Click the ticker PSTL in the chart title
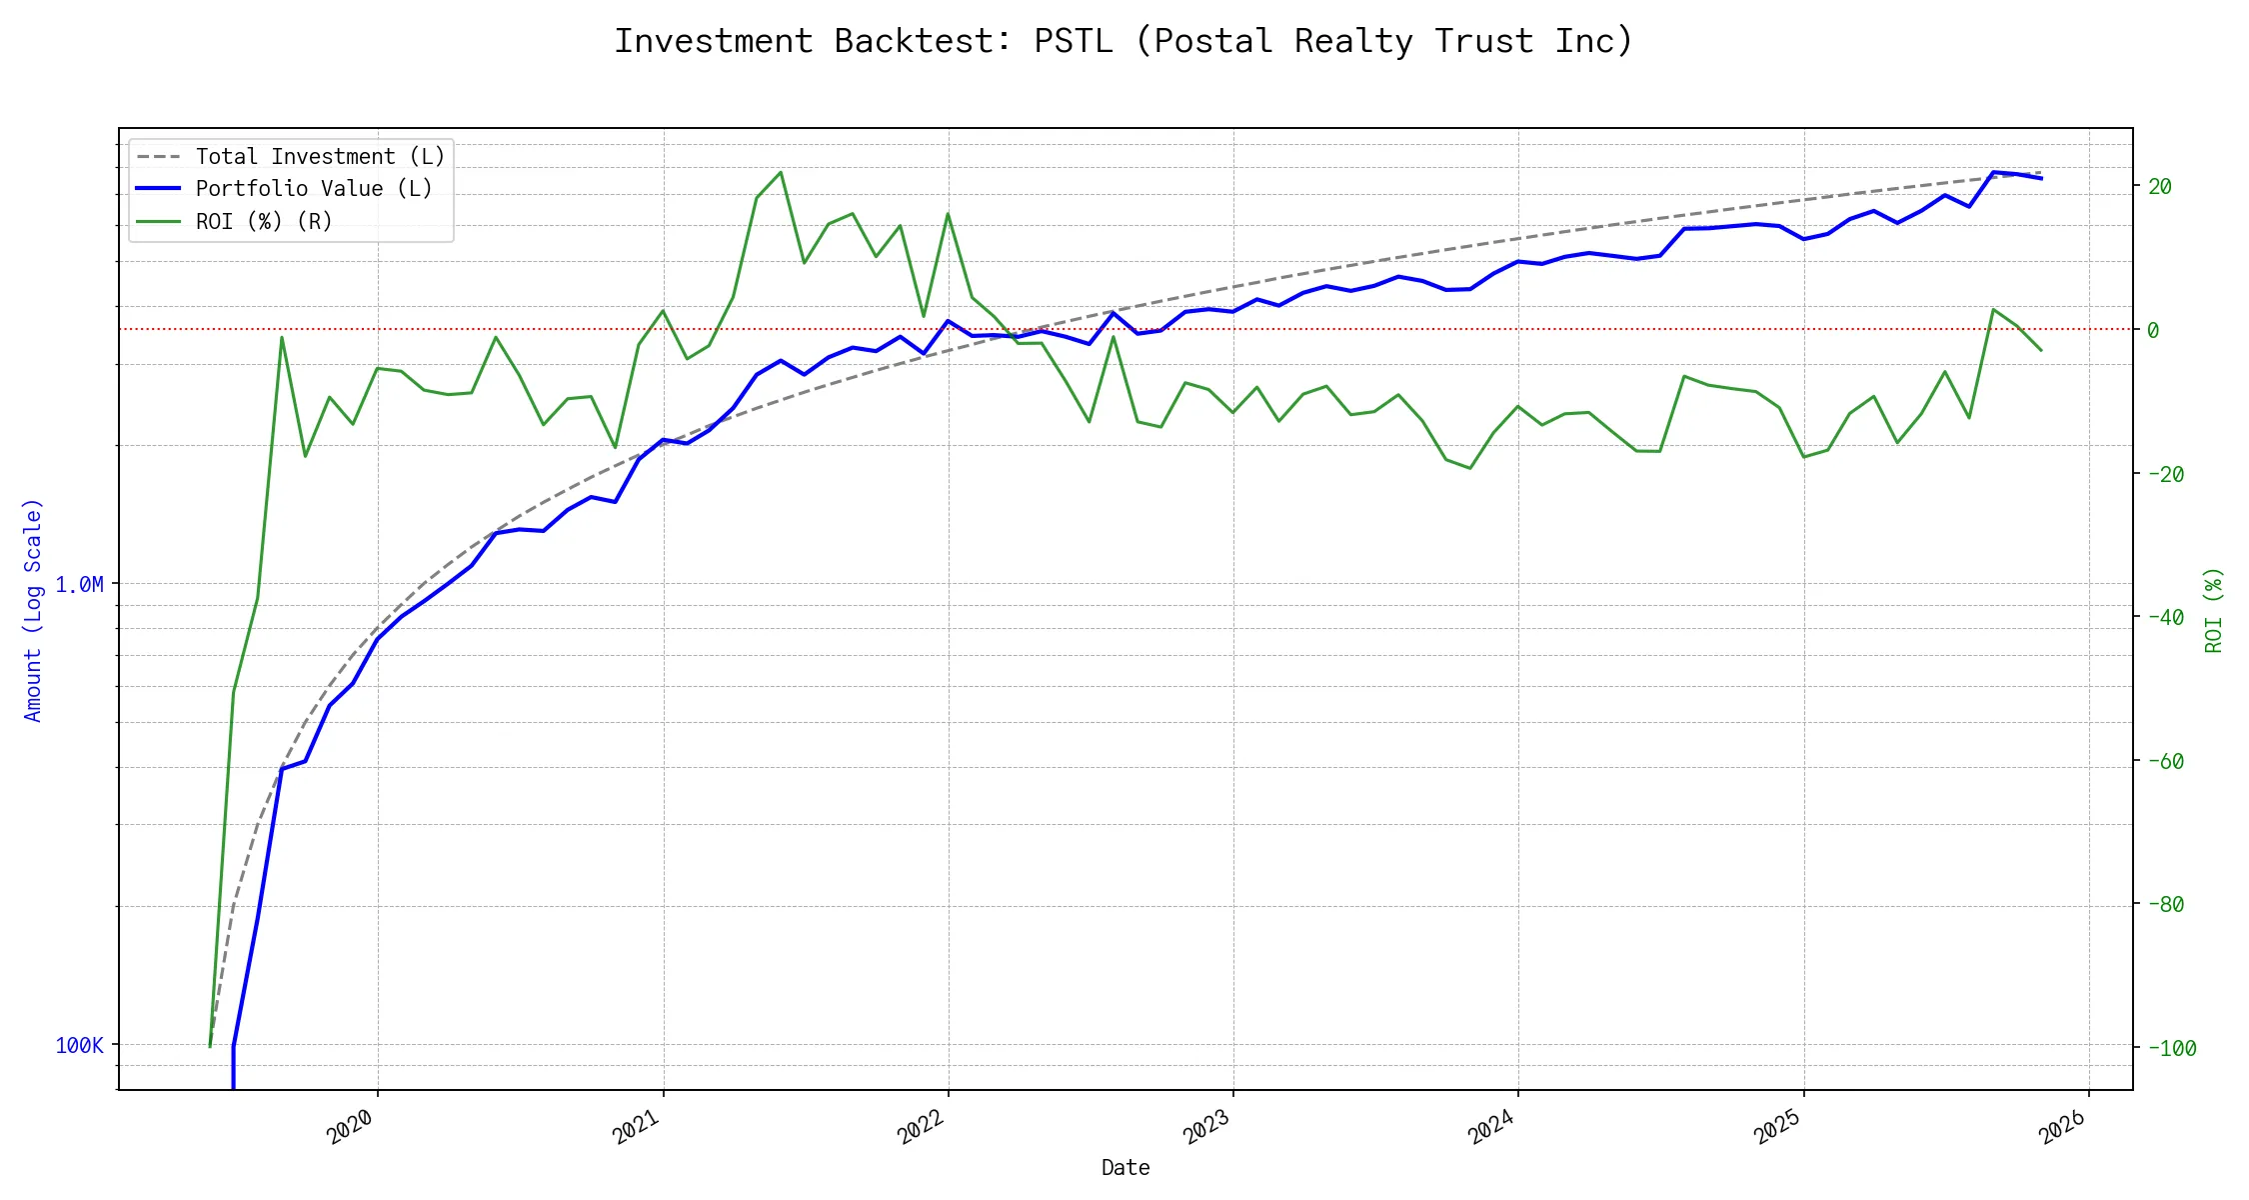1073,41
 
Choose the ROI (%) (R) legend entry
264,221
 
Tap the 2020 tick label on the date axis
350,1127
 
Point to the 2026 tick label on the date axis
2062,1127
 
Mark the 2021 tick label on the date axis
636,1127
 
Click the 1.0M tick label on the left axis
79,584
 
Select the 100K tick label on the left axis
79,1045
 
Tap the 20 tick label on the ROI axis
2159,186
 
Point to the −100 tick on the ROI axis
2170,1048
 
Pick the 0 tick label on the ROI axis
2153,330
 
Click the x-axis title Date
1125,1167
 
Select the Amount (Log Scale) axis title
33,610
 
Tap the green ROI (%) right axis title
2214,610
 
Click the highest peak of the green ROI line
781,172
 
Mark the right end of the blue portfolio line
2041,178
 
